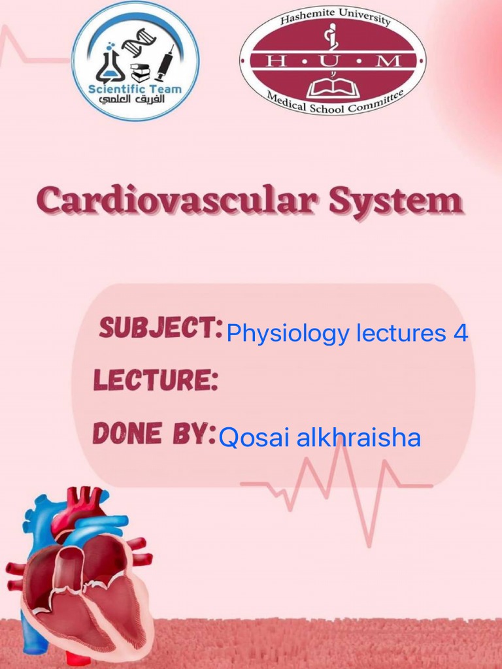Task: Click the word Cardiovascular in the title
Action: coord(176,201)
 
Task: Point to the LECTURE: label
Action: coord(156,380)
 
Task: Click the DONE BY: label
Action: coord(154,432)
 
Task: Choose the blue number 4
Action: coord(460,333)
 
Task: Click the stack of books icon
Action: coord(140,72)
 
